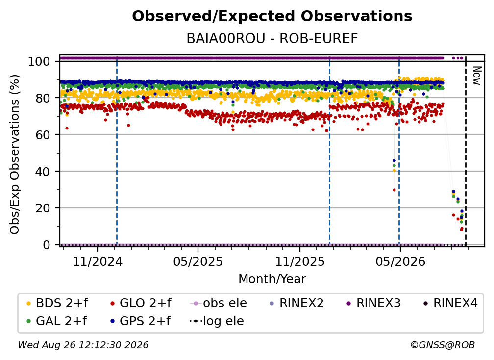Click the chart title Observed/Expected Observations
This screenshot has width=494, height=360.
point(272,16)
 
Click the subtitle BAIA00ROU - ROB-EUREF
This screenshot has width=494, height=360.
point(272,39)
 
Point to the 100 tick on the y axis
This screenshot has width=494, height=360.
point(39,61)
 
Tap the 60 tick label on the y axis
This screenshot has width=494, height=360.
point(43,134)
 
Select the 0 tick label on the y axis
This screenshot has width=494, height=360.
point(47,245)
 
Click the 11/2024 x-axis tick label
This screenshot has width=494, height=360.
point(98,261)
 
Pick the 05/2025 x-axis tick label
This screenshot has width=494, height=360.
point(198,261)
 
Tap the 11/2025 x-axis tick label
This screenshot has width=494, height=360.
point(299,261)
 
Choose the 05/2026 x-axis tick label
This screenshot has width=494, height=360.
point(400,261)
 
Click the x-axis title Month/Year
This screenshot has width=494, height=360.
point(272,279)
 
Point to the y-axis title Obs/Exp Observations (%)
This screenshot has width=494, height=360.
point(15,154)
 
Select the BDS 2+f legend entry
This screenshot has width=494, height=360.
point(57,303)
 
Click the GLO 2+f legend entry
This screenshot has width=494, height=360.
point(141,303)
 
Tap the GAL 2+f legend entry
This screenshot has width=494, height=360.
point(56,321)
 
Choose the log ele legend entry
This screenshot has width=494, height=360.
point(217,321)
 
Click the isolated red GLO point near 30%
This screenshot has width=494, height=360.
point(394,190)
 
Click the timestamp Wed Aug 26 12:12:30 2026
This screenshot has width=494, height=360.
point(83,345)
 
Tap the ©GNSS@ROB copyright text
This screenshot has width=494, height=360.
point(443,345)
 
